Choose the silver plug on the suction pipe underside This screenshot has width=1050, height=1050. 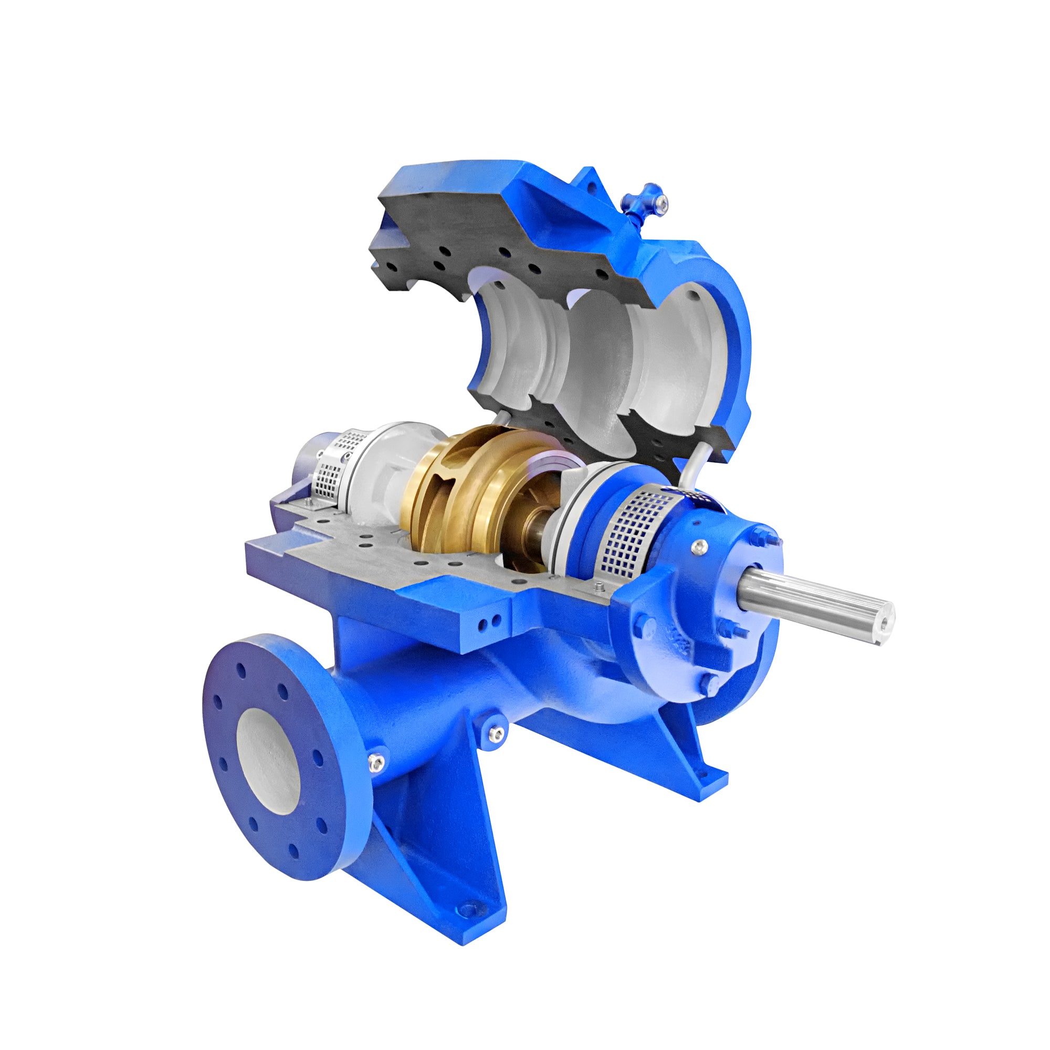[x=495, y=734]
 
